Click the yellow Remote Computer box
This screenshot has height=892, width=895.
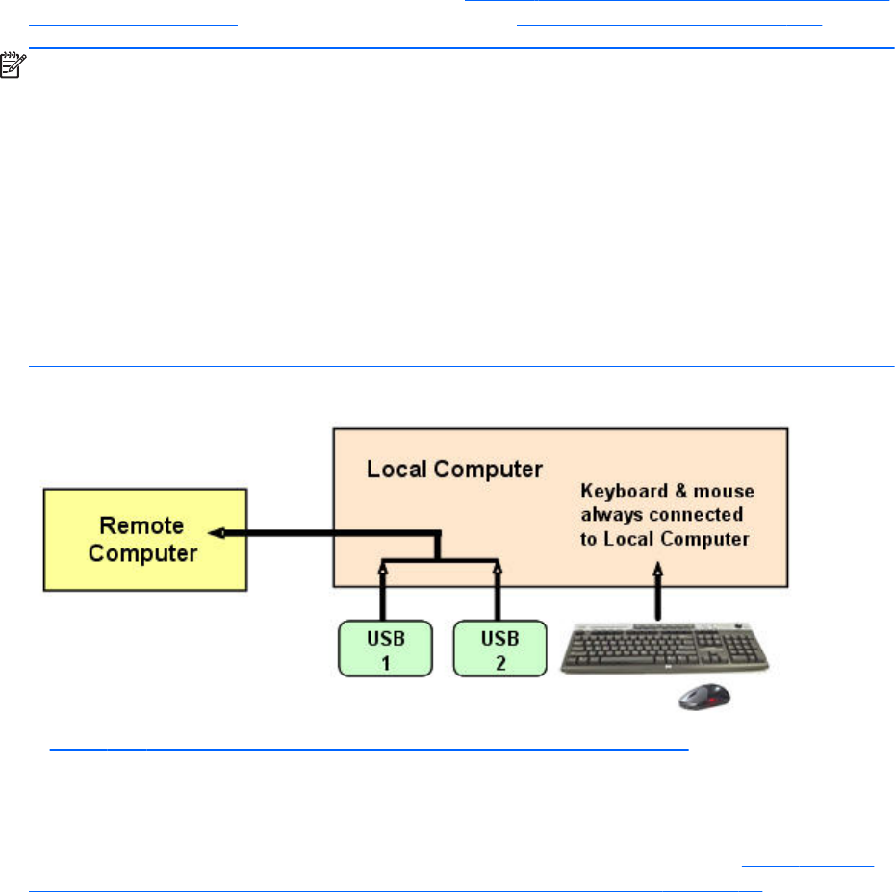point(144,539)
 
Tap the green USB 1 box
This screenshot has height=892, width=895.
point(383,649)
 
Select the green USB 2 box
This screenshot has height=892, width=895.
point(498,649)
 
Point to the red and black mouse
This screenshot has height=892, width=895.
point(702,697)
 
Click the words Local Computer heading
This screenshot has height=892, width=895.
point(454,470)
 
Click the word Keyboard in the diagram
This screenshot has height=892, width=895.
point(619,493)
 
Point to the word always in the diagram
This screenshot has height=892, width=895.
point(607,516)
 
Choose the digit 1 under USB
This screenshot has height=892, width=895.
point(383,661)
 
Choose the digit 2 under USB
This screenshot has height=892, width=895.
point(498,661)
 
